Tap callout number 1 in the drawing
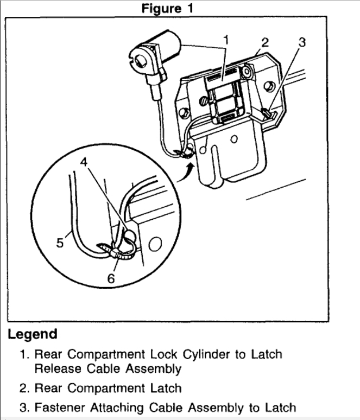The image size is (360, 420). click(x=226, y=40)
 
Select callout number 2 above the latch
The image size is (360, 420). click(x=264, y=42)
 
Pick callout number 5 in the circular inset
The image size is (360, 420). click(x=60, y=243)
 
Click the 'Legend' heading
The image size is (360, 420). click(x=32, y=334)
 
